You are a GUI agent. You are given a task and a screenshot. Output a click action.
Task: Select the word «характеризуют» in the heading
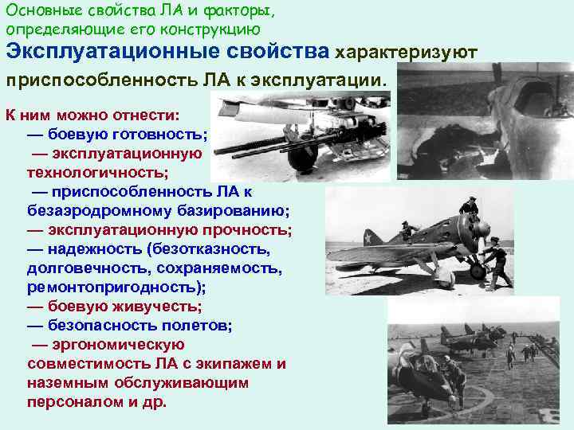point(406,53)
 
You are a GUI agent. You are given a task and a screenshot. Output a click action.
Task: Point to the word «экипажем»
point(234,364)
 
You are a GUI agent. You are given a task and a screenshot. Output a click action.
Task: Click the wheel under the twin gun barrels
point(304,158)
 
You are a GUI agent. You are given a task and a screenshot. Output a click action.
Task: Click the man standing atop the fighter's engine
point(470,209)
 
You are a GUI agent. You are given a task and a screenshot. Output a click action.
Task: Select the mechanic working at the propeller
point(495,259)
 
